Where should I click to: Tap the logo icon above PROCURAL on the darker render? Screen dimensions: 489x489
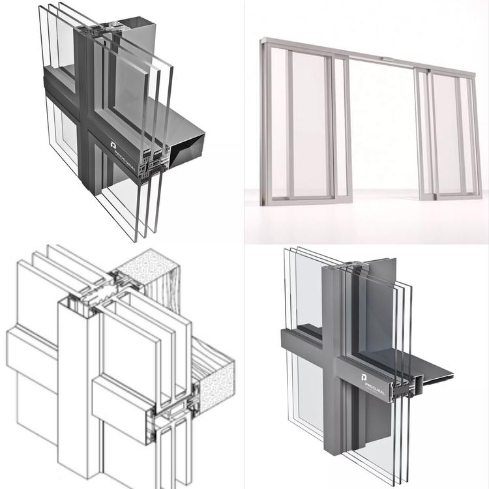(113, 145)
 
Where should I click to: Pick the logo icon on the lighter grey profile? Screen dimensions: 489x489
(364, 377)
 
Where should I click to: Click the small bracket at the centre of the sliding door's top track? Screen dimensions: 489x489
(388, 59)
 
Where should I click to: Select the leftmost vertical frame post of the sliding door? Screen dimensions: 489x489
(265, 122)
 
